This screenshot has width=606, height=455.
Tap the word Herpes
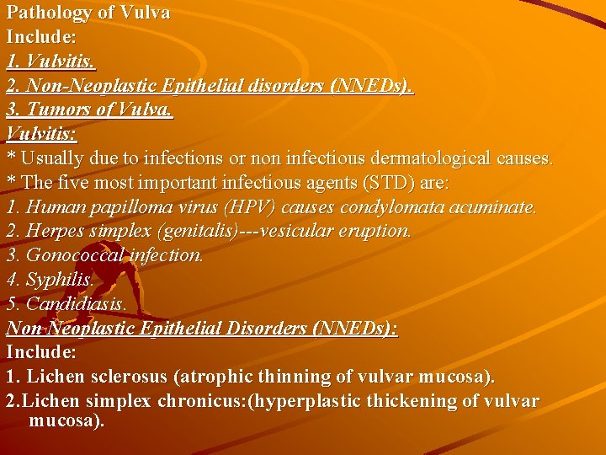coord(52,231)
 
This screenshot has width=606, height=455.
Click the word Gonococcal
coord(69,255)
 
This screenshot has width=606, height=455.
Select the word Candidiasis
coord(76,304)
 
